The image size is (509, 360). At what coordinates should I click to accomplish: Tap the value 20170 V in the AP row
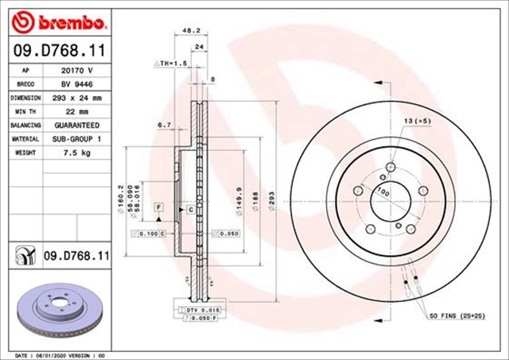tap(77, 70)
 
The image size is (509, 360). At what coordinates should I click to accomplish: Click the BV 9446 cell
tap(77, 83)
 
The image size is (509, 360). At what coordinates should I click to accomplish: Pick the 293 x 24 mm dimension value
tap(77, 98)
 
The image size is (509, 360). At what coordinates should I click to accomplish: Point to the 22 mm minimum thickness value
tap(77, 111)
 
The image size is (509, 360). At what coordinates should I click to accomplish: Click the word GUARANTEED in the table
tap(77, 126)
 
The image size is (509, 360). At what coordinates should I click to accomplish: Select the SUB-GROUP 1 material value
tap(77, 139)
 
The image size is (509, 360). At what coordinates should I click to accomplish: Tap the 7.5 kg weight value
tap(77, 153)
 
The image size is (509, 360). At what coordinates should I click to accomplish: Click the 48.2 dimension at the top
tap(191, 30)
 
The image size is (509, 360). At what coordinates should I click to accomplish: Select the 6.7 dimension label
tap(165, 125)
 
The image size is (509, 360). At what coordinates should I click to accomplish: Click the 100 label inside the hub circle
tap(383, 192)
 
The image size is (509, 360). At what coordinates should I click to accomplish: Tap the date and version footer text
tap(60, 354)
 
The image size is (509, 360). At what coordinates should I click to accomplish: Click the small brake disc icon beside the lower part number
tap(24, 256)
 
